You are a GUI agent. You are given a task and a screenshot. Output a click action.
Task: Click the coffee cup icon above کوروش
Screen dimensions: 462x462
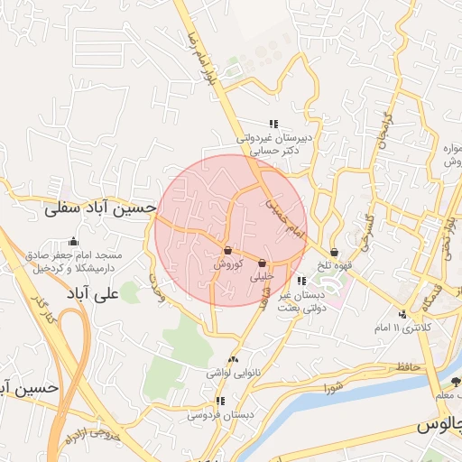coord(227,250)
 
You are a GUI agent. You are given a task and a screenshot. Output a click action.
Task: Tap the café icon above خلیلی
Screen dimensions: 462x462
coord(263,263)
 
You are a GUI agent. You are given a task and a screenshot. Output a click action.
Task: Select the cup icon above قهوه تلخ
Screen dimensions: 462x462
coord(336,253)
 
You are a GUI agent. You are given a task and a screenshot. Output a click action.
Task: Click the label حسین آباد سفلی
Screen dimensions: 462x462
coord(100,208)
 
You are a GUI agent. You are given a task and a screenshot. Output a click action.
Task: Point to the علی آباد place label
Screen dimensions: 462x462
coord(93,294)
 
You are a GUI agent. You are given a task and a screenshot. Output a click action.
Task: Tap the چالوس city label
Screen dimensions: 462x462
coord(439,424)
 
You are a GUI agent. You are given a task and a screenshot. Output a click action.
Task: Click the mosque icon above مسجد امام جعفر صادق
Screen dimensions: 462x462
coord(73,242)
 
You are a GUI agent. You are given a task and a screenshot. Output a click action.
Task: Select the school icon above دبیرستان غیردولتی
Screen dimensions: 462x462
coord(273,124)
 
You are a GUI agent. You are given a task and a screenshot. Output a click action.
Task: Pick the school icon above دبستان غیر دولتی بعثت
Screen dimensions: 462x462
coord(300,282)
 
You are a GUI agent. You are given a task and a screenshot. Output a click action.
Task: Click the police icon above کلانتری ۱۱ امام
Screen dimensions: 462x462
coord(402,314)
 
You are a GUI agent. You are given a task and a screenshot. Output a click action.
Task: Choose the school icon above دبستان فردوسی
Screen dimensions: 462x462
coord(219,401)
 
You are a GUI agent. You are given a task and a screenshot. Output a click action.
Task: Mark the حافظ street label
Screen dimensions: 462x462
coord(408,366)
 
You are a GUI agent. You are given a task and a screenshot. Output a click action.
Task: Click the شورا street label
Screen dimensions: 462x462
coord(334,388)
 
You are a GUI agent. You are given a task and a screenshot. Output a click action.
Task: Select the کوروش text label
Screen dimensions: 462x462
coord(227,266)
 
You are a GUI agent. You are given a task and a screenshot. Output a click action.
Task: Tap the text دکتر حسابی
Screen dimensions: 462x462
coord(271,152)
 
